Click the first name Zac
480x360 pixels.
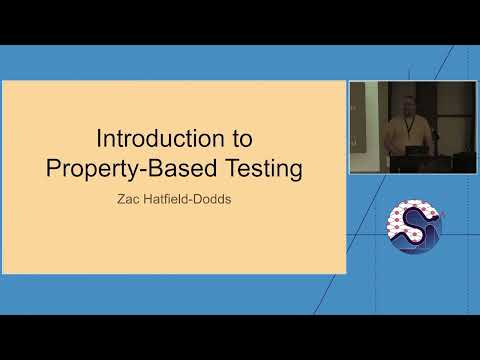pos(131,199)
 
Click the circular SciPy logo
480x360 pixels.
pos(414,226)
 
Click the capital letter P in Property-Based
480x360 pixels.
pos(52,168)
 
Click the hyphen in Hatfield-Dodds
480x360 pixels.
pos(194,200)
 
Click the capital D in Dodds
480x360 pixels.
pos(202,199)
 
